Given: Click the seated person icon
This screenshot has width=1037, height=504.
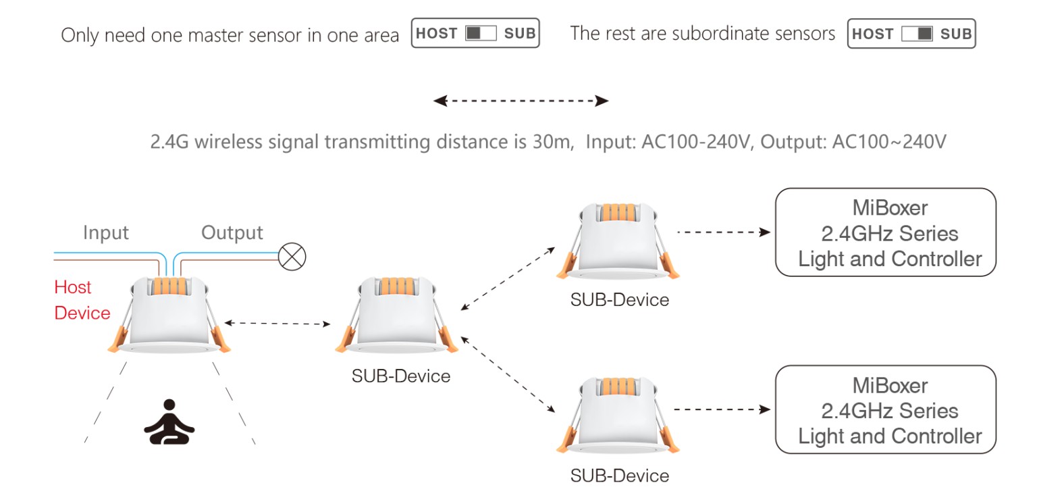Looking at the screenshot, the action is click(x=169, y=422).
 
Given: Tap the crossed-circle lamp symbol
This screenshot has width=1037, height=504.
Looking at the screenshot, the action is click(x=292, y=257).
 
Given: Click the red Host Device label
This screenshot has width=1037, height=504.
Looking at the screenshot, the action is click(x=82, y=300).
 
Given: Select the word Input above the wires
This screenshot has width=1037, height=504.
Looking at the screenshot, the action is click(x=105, y=232).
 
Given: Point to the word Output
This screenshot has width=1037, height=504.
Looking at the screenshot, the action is click(x=232, y=232).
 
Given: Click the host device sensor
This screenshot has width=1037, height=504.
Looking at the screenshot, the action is click(x=169, y=315).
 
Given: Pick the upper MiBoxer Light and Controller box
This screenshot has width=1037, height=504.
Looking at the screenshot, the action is click(x=886, y=232).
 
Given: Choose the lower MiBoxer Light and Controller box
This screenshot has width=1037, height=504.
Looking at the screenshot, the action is click(x=886, y=409).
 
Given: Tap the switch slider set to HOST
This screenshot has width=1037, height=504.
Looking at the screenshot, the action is click(x=481, y=33).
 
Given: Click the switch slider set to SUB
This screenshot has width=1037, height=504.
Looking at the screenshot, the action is click(x=917, y=34).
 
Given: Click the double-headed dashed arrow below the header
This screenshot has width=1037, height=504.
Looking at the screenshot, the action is click(x=521, y=101).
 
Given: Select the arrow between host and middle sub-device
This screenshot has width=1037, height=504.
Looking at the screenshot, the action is click(x=277, y=324).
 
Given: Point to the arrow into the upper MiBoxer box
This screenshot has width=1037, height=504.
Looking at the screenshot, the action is click(x=724, y=232).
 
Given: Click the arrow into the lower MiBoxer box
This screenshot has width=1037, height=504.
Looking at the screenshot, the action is click(x=722, y=409).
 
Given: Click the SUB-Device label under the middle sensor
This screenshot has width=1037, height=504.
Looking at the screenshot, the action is click(x=401, y=376).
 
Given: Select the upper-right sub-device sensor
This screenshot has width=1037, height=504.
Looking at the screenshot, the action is click(x=618, y=241).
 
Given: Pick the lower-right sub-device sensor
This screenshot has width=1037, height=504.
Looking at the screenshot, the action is click(x=618, y=415).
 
